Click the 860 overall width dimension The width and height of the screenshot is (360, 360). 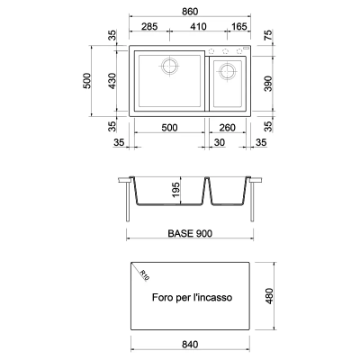190,12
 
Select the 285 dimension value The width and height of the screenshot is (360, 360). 149,26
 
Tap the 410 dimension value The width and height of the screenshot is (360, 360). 198,26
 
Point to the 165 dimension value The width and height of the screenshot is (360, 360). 239,26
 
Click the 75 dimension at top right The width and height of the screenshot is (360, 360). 268,35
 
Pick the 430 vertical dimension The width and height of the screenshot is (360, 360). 112,81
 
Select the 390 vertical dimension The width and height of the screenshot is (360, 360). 268,84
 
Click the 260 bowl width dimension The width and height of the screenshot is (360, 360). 227,128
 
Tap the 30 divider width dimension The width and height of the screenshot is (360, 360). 220,142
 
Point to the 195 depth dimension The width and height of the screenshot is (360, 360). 175,190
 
